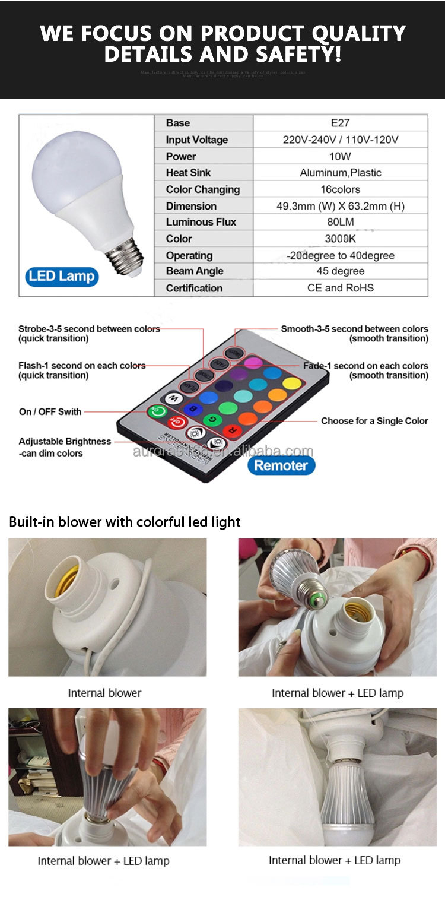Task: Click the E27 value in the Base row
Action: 340,123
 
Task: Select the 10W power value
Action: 340,156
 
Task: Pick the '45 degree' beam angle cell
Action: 340,271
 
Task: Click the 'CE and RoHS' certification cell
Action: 340,288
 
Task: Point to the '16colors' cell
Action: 340,189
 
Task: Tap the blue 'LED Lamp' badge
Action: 62,277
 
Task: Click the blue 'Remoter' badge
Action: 281,465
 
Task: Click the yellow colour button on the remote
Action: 291,383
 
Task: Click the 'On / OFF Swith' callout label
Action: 50,411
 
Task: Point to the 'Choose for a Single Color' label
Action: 374,421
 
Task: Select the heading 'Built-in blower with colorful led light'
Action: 125,522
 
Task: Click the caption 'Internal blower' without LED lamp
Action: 104,693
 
